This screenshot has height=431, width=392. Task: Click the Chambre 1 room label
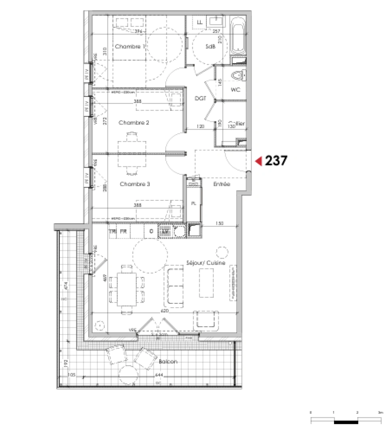(129, 47)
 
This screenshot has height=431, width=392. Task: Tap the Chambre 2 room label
(134, 123)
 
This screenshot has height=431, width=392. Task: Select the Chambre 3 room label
(135, 184)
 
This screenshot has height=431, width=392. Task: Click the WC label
(235, 90)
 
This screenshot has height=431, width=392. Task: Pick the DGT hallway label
(200, 99)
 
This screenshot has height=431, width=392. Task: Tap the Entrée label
(222, 184)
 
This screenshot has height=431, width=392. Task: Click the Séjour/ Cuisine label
(206, 263)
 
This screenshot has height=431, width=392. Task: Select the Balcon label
(168, 362)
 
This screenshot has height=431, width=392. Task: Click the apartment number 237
(276, 161)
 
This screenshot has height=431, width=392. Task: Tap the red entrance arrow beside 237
(258, 161)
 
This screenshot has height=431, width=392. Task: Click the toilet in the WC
(238, 75)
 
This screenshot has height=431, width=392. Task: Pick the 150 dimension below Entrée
(219, 224)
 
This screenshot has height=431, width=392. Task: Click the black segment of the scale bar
(346, 421)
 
